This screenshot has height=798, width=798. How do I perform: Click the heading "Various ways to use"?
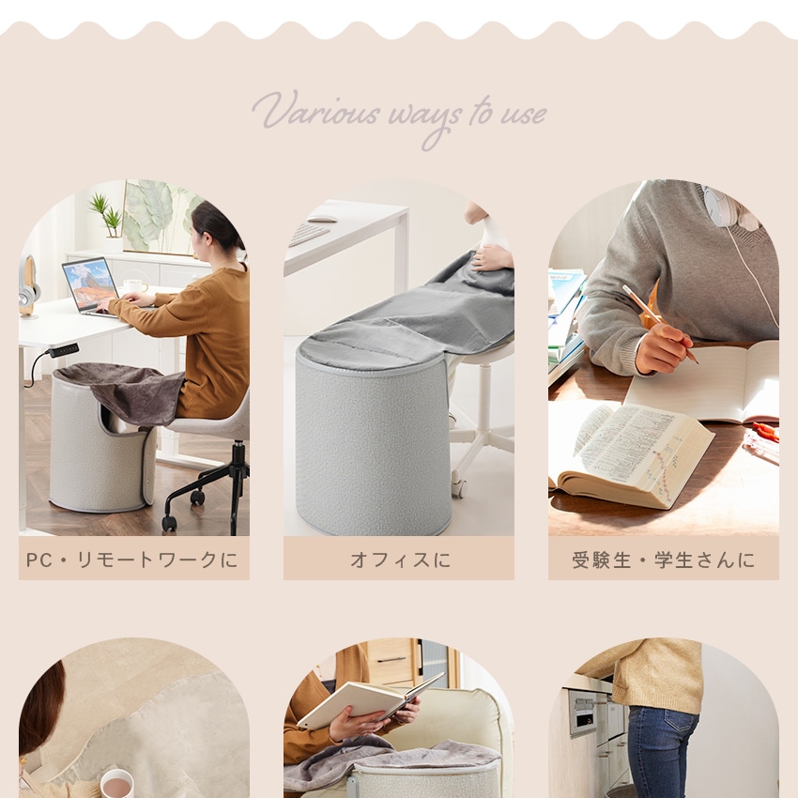click(x=399, y=117)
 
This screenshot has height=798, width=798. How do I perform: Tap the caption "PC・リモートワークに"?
click(x=132, y=560)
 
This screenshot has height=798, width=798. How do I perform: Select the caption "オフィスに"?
click(x=400, y=560)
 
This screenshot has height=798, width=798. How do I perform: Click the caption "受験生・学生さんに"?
click(x=663, y=560)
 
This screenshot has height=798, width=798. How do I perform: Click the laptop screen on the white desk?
click(x=90, y=284)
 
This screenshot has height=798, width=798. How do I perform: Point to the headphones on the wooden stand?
click(x=28, y=285)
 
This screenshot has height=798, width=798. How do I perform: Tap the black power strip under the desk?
click(x=63, y=350)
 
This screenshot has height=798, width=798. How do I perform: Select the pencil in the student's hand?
click(x=659, y=324)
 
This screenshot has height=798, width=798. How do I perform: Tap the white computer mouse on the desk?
click(x=322, y=219)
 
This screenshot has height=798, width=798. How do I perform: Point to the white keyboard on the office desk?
click(x=309, y=234)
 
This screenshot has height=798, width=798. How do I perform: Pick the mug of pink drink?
click(x=117, y=784)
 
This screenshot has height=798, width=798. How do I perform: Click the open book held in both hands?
click(x=371, y=699)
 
